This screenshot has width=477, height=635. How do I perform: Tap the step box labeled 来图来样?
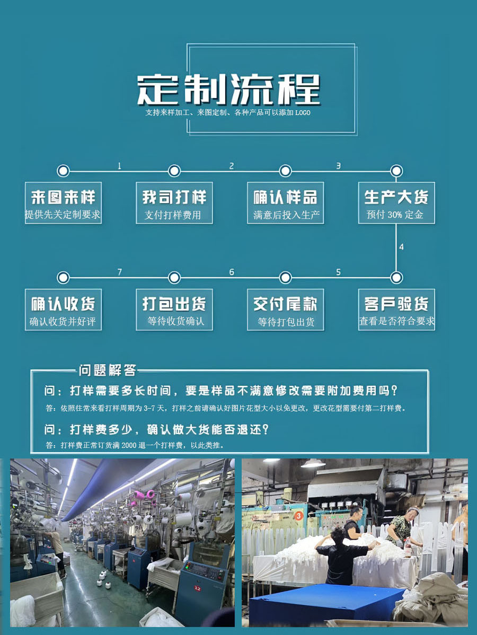coord(63,203)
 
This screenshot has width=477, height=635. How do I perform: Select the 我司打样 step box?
coord(174,203)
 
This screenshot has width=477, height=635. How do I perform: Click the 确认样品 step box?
coord(285,203)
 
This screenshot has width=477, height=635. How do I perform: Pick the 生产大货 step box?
coord(396,203)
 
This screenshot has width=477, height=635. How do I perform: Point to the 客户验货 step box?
coord(396,310)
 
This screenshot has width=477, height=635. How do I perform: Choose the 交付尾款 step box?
coord(285,310)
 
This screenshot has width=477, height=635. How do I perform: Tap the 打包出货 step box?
coord(174,310)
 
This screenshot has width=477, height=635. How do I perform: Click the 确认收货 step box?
coord(63,310)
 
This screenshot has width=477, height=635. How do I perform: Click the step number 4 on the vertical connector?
coord(401,247)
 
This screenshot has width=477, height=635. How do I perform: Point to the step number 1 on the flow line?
coord(119,166)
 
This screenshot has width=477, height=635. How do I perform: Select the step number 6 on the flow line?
coord(231,272)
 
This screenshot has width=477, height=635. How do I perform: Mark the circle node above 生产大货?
coord(396,171)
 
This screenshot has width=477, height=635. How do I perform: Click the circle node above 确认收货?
coord(63,277)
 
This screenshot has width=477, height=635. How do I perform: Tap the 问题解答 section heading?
coord(108,370)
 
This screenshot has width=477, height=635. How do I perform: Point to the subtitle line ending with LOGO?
coord(228,113)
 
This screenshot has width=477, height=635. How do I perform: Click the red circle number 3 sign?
coord(299,515)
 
